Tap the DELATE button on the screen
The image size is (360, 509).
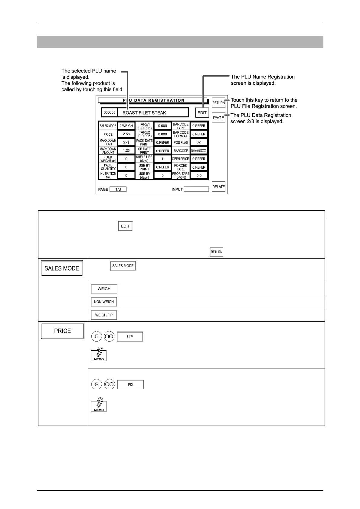tap(218, 186)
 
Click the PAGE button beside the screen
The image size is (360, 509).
tap(218, 117)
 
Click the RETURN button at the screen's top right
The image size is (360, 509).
tap(218, 103)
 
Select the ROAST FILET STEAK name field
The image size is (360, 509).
tap(152, 113)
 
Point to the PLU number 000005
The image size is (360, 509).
tap(110, 112)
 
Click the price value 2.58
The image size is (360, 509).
tap(126, 134)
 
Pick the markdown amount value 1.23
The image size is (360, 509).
tap(126, 151)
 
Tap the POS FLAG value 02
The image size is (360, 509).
tap(199, 142)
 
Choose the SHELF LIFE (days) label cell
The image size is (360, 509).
tap(144, 159)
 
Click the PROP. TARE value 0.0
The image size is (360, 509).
tap(199, 175)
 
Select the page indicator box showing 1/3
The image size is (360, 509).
tap(118, 189)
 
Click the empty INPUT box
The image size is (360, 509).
tap(196, 189)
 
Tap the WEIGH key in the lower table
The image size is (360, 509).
tap(104, 289)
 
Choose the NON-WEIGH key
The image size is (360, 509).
tap(104, 302)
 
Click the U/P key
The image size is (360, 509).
tap(130, 337)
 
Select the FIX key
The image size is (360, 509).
tap(130, 384)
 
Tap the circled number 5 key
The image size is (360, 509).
tap(97, 336)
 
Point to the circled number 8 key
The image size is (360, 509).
tap(97, 384)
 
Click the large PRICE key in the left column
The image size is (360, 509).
tap(63, 331)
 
